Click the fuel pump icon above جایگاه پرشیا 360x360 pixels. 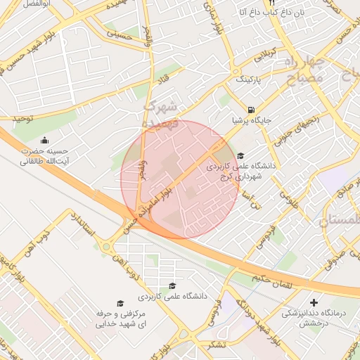click(251, 110)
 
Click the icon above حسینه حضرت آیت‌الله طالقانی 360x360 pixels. click(45, 140)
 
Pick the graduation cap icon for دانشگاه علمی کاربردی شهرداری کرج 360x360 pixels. click(240, 156)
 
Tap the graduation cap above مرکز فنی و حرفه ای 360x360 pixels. click(120, 302)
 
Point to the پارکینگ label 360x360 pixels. click(248, 79)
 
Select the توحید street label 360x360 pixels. click(22, 119)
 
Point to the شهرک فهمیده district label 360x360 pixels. click(162, 113)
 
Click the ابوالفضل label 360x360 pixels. click(22, 4)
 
